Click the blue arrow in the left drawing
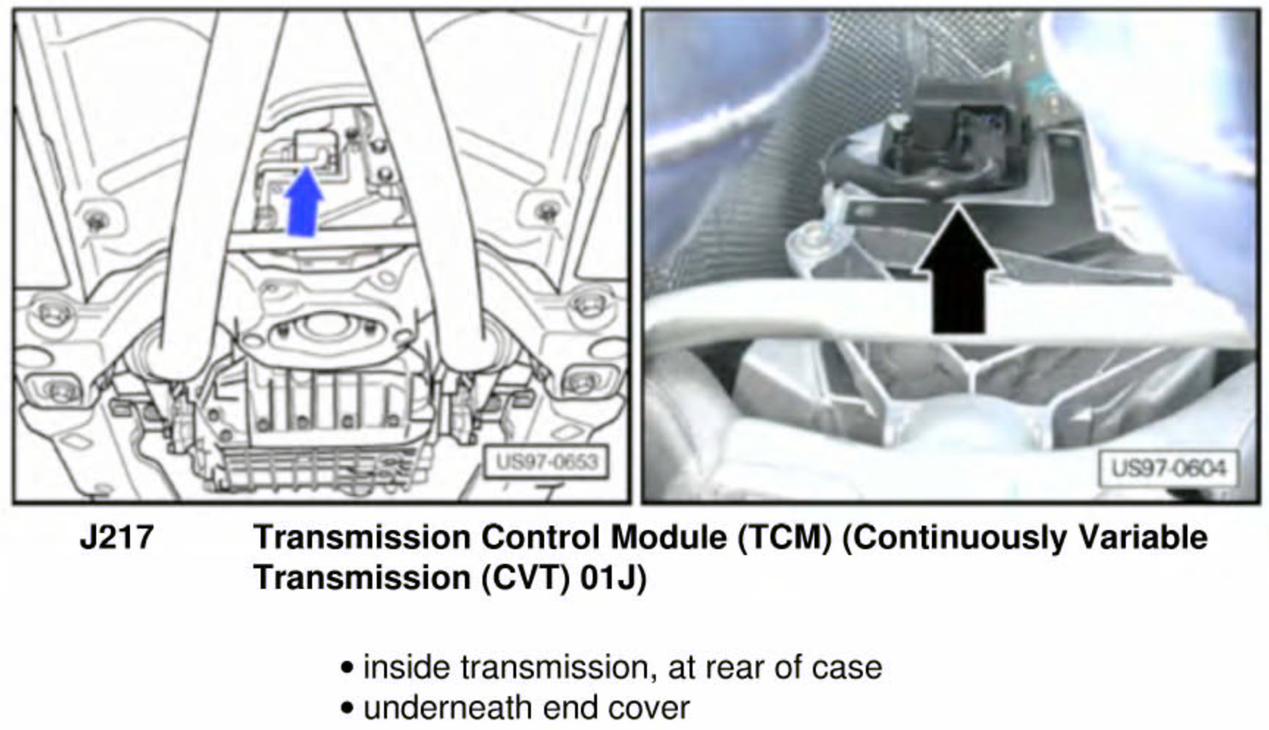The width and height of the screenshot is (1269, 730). point(303,202)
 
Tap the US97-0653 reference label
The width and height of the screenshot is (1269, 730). point(547,462)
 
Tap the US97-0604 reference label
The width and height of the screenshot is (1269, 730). point(1168,468)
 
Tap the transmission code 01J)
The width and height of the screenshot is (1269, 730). point(613,578)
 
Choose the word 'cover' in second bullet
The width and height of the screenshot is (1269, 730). point(650,708)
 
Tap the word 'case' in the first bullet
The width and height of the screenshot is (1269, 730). point(847,668)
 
